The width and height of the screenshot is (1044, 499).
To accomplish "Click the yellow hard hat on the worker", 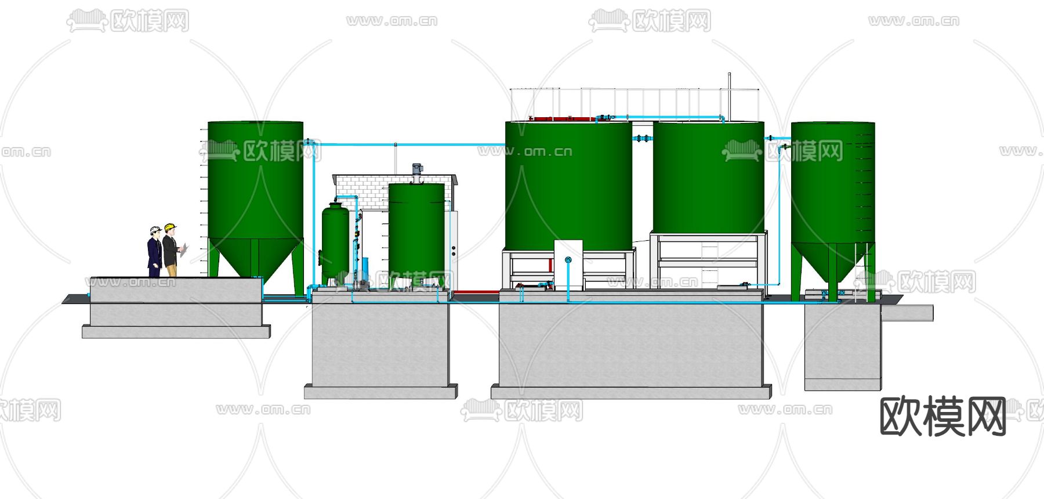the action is (x=170, y=227).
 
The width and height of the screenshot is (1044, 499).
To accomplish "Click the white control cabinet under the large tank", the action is (x=568, y=265).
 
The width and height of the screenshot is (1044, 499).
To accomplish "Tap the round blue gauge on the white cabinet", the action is (x=568, y=260).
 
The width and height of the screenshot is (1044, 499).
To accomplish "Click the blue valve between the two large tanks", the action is (x=642, y=139).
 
